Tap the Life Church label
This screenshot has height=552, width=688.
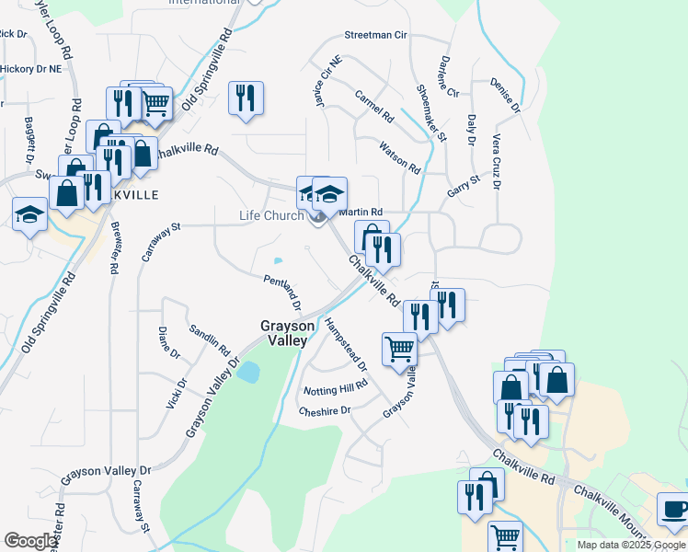(x=271, y=216)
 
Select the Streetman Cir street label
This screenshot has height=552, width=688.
(x=375, y=35)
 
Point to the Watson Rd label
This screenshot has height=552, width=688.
(x=399, y=157)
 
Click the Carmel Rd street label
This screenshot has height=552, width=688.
(x=374, y=107)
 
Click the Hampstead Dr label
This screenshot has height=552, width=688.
(x=346, y=344)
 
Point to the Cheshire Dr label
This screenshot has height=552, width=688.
(x=324, y=410)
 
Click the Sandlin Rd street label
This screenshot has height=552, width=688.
(x=209, y=339)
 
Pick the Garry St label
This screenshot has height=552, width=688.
(x=464, y=183)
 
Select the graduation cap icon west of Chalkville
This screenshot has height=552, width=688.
(x=30, y=214)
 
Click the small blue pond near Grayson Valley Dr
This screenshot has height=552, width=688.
(x=248, y=372)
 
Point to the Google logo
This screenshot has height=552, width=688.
(x=30, y=541)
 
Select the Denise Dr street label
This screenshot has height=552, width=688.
(x=505, y=95)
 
